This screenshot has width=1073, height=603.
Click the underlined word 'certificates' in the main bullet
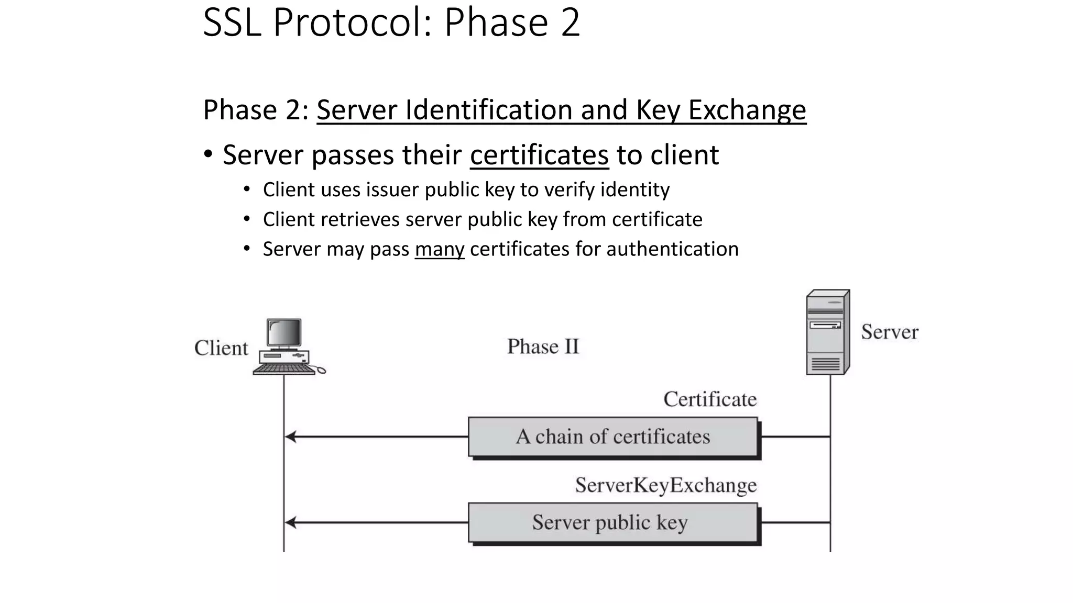click(539, 155)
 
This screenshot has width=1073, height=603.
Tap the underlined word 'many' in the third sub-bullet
click(439, 249)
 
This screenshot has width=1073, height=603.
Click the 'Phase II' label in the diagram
click(543, 347)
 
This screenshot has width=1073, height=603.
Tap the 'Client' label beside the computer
click(221, 348)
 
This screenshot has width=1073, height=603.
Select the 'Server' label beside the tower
click(889, 332)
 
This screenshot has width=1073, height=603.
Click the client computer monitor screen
click(284, 332)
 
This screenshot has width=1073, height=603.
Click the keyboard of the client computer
click(283, 369)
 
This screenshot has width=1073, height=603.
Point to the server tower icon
click(827, 332)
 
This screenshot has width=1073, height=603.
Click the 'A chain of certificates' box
click(612, 437)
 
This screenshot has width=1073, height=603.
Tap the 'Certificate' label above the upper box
click(709, 399)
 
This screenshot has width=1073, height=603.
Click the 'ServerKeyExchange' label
click(665, 485)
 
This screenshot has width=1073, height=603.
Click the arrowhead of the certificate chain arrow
click(290, 437)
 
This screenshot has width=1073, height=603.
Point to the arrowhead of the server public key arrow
click(290, 522)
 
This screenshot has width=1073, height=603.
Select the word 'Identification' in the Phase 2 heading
click(488, 110)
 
